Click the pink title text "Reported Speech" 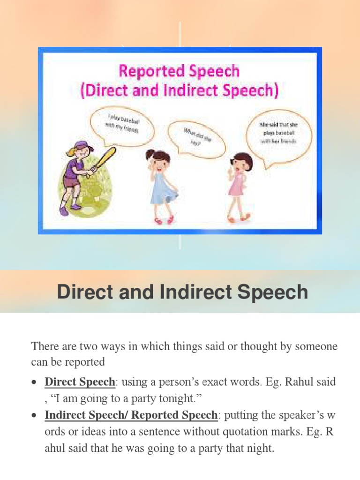[179, 72]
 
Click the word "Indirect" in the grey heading [193, 292]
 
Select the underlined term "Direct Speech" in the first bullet [80, 382]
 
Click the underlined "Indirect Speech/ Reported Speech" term [131, 415]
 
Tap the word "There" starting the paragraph [45, 347]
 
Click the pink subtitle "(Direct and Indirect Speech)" [179, 90]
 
